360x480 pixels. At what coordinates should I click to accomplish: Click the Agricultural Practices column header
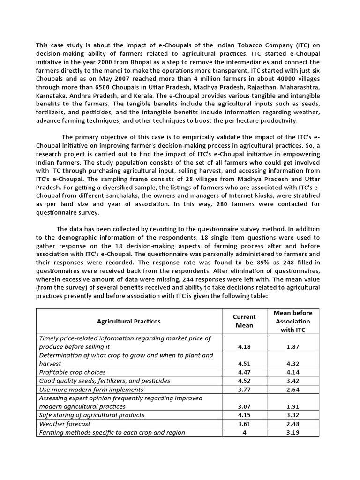pos(128,321)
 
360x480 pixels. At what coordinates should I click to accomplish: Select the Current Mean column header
pos(244,321)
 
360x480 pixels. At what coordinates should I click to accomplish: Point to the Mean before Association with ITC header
pos(293,321)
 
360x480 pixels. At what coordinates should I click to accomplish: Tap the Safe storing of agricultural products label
pos(92,415)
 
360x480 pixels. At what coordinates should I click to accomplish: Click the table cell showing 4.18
pos(244,346)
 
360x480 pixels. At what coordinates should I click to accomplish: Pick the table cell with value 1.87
pos(293,346)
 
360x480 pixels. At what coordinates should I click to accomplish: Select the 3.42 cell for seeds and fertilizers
pos(293,381)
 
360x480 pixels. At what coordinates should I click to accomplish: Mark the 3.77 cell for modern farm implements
pos(244,389)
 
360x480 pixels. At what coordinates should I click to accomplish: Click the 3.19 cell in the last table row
pos(293,432)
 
